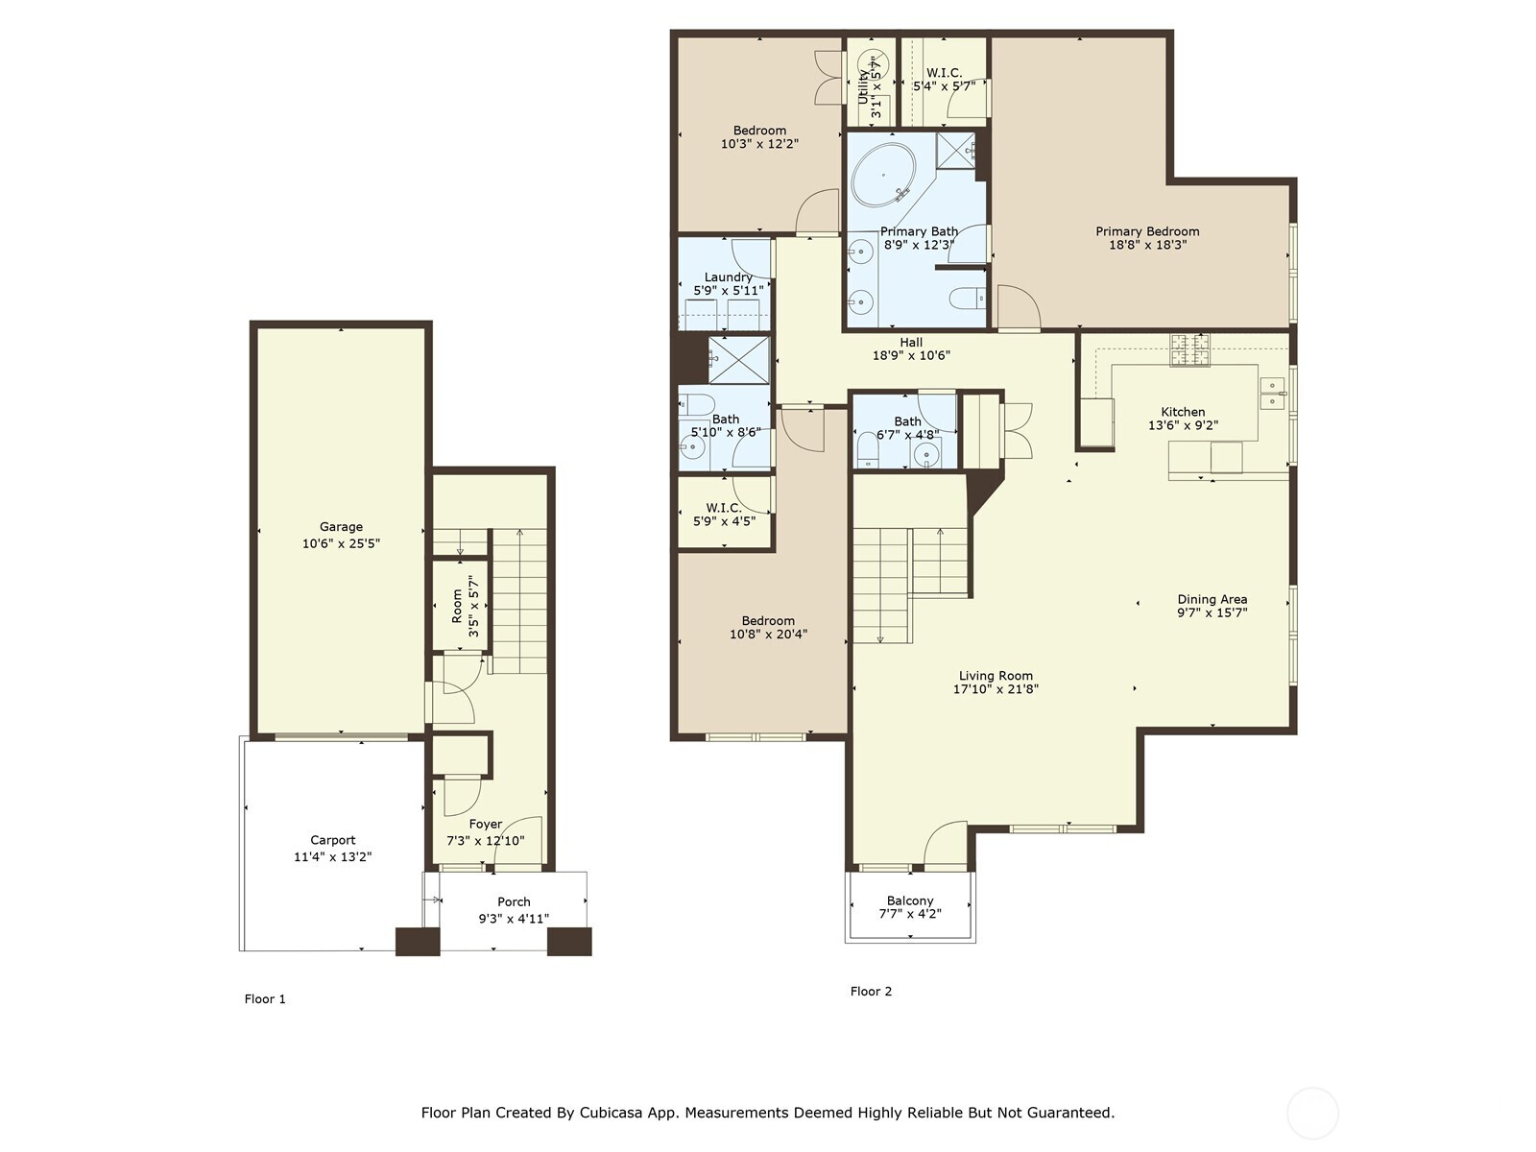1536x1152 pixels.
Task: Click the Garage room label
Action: (341, 526)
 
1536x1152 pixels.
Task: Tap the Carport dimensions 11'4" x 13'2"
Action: (332, 856)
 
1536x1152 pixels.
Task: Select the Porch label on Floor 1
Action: (514, 901)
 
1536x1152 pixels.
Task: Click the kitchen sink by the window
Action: (1272, 393)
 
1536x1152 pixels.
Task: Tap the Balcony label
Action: (909, 900)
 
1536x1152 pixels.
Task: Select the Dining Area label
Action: (1212, 599)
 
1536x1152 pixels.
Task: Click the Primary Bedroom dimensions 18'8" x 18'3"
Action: (1147, 245)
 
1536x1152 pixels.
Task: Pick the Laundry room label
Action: (728, 277)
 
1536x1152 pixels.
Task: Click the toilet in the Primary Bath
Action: (968, 299)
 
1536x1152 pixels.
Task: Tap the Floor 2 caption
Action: (871, 991)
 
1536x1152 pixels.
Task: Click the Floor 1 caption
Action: (265, 998)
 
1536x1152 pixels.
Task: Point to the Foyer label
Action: (486, 824)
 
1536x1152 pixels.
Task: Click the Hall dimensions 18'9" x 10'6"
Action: (910, 355)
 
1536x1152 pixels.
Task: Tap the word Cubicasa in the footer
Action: (612, 1113)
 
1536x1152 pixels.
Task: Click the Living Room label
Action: (996, 675)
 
